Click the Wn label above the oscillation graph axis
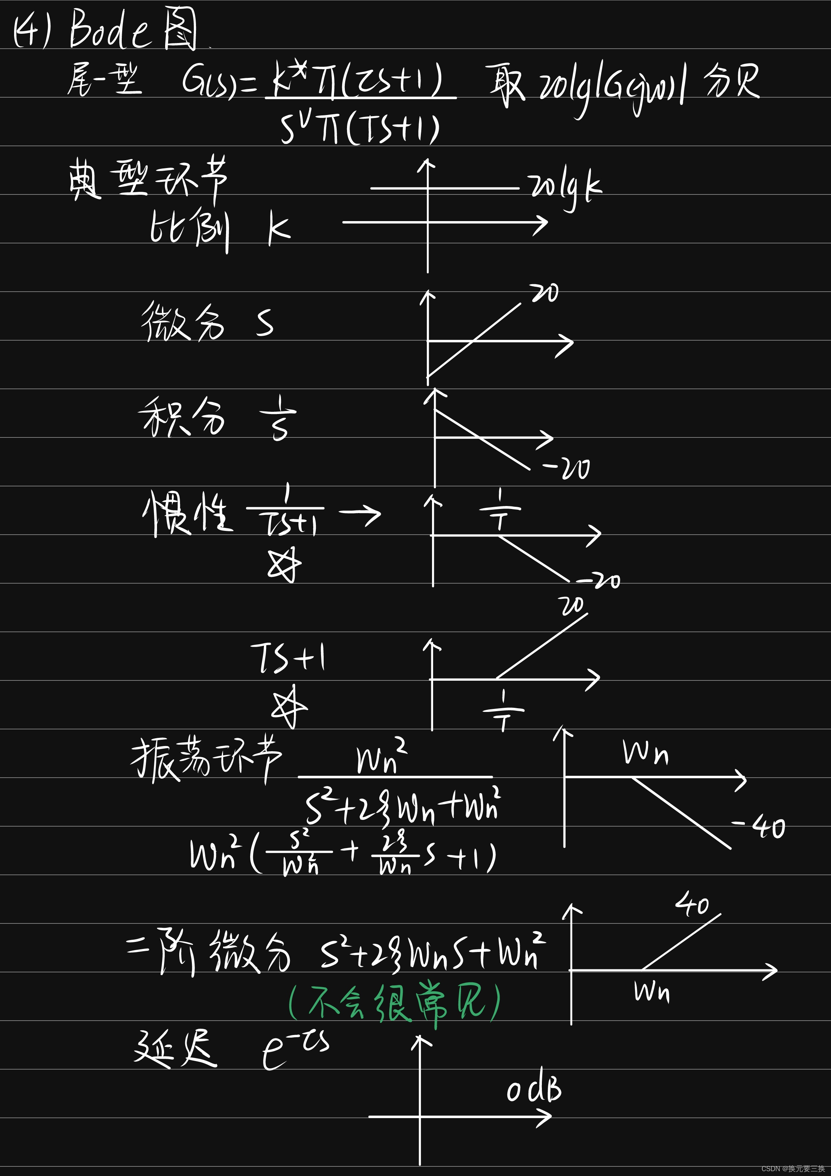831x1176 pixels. (645, 753)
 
